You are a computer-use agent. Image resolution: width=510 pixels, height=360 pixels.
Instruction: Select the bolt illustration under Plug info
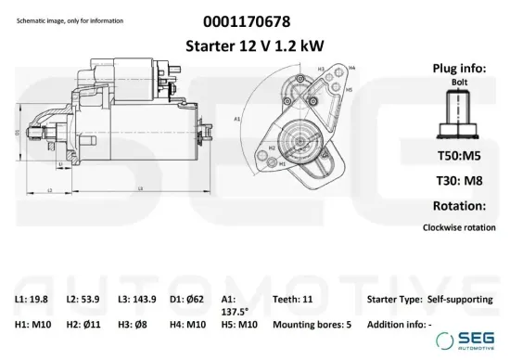point(459,114)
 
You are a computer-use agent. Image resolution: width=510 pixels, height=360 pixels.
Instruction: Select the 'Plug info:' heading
point(458,69)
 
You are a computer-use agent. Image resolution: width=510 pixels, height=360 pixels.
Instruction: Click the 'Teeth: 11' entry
point(295,299)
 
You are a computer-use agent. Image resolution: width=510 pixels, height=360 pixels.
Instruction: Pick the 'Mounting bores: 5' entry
point(311,326)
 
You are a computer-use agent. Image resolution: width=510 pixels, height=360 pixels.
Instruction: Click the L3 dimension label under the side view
point(139,189)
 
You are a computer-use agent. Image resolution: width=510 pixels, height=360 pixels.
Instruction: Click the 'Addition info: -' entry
point(399,326)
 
